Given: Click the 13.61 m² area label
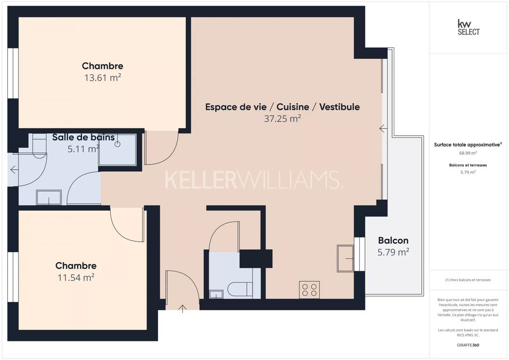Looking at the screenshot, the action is pyautogui.click(x=102, y=78).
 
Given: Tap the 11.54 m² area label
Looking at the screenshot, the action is pyautogui.click(x=76, y=278).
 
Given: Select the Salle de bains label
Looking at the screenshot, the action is pyautogui.click(x=83, y=137).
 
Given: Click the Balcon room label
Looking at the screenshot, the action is pyautogui.click(x=393, y=240).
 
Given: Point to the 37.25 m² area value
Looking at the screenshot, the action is pyautogui.click(x=283, y=119).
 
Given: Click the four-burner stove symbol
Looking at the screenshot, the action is pyautogui.click(x=309, y=290).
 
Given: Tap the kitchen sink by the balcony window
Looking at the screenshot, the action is pyautogui.click(x=345, y=259).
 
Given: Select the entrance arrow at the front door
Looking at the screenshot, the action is pyautogui.click(x=183, y=309).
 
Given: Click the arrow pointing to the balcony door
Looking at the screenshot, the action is pyautogui.click(x=383, y=129).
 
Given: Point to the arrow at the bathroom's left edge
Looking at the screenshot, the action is pyautogui.click(x=14, y=170).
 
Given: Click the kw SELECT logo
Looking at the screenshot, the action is pyautogui.click(x=468, y=27).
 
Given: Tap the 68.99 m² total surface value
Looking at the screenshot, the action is pyautogui.click(x=468, y=153).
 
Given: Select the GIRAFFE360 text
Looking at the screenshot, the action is pyautogui.click(x=468, y=345).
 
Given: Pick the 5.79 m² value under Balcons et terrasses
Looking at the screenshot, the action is pyautogui.click(x=468, y=172).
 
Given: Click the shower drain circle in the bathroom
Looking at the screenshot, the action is pyautogui.click(x=117, y=144).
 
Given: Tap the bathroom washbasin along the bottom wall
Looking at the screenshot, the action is pyautogui.click(x=49, y=197).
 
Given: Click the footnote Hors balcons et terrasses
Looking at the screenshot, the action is pyautogui.click(x=468, y=280).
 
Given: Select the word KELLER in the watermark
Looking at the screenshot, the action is pyautogui.click(x=201, y=180).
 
